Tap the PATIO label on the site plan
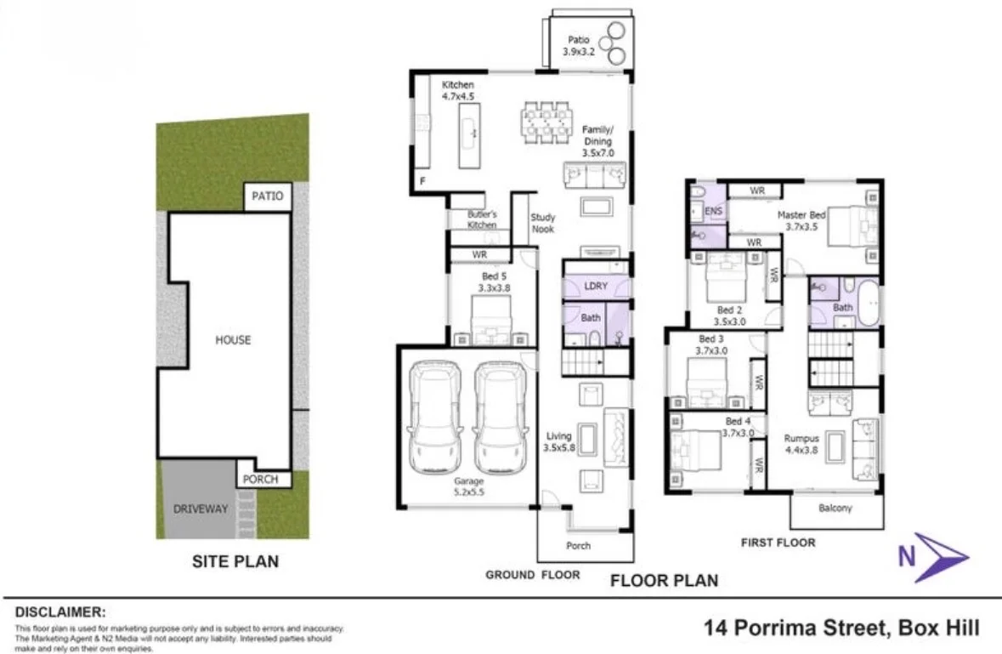coord(267,196)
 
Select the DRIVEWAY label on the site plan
coord(201,509)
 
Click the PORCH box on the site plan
coord(261,479)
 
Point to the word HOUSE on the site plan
coord(233,340)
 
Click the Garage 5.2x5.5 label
coord(468,486)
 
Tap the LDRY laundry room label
coord(596,286)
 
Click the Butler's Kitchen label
coord(482,220)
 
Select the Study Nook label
coord(543,225)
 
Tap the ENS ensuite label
coord(713,210)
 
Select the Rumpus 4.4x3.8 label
coord(801,444)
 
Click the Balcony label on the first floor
coord(835,509)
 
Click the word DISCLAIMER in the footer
coord(60,611)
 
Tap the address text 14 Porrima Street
coord(841,628)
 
